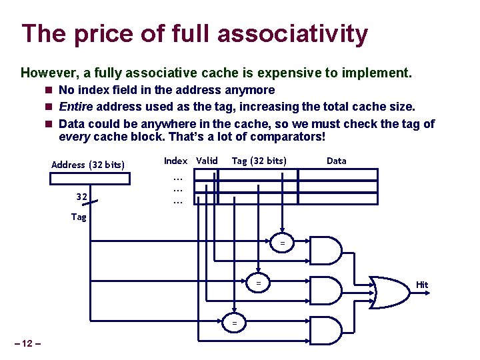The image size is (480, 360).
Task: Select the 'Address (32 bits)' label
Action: click(x=88, y=165)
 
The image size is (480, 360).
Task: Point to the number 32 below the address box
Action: click(x=82, y=197)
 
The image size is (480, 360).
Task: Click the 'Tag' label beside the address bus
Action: click(x=79, y=217)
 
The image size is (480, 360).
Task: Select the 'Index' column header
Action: click(x=175, y=161)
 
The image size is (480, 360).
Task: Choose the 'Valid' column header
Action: click(x=207, y=161)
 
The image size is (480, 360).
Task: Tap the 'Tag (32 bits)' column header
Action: click(x=259, y=161)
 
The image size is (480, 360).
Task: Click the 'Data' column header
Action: click(x=336, y=161)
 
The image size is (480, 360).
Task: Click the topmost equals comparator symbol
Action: click(x=282, y=244)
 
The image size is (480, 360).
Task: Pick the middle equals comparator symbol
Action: click(x=259, y=283)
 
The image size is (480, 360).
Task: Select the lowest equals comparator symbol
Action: click(x=234, y=323)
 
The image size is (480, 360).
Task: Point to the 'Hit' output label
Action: click(x=422, y=285)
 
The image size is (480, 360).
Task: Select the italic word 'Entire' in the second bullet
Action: click(x=75, y=107)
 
